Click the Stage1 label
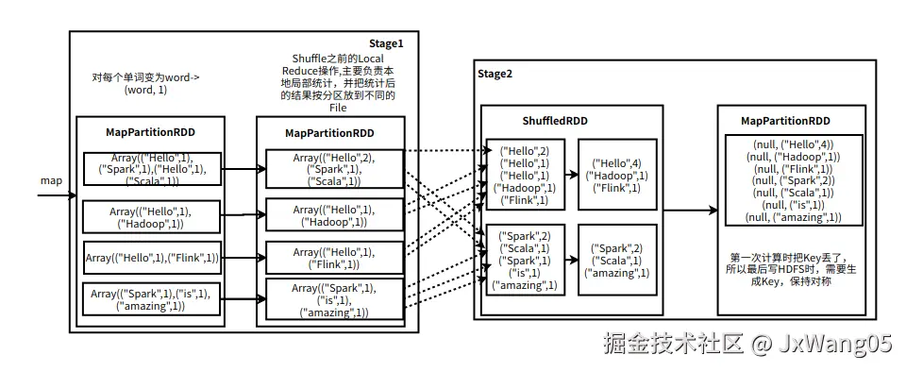(386, 43)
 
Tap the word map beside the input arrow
(51, 179)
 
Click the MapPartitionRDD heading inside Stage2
(785, 121)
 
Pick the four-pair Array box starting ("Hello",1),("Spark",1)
(151, 169)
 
